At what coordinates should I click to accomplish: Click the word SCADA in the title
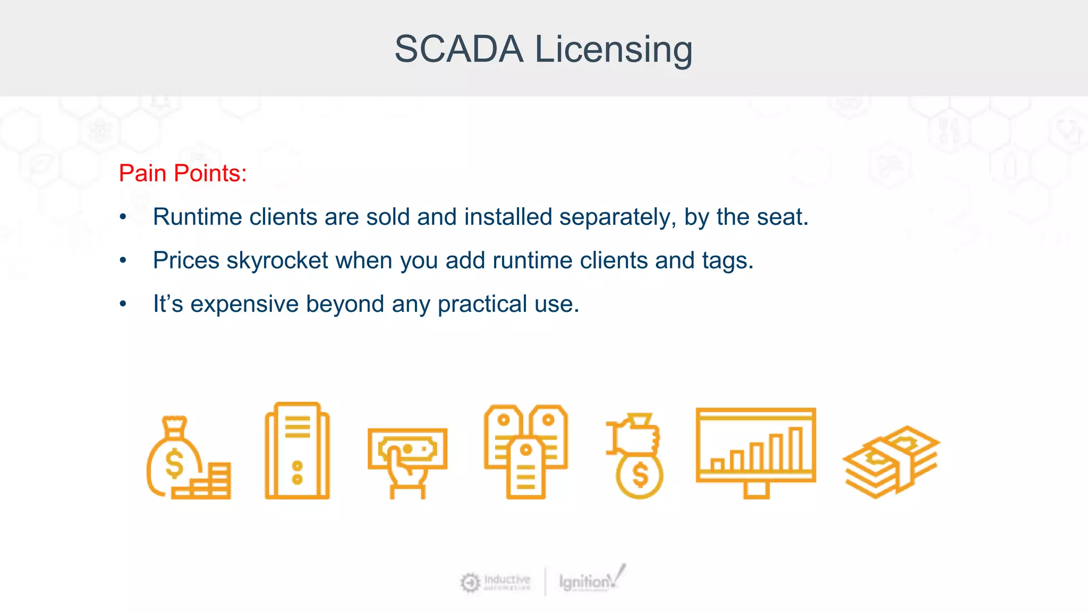458,49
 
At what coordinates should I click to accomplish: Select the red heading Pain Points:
183,173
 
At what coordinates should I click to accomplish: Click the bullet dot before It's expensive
123,304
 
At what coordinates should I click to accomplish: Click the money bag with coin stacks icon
188,457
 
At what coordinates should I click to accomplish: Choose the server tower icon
297,450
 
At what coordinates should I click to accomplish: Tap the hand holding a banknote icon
407,462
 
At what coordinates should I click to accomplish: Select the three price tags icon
525,452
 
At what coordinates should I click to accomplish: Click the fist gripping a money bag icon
636,456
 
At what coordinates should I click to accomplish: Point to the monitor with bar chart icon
755,452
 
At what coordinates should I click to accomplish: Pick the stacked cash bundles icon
891,461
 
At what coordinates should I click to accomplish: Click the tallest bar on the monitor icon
795,449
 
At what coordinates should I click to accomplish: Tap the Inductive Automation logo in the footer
495,582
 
